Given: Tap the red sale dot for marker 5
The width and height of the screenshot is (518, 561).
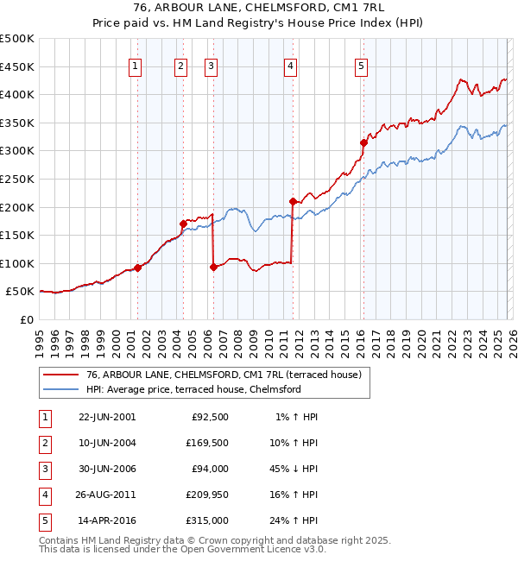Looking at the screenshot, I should coord(363,143).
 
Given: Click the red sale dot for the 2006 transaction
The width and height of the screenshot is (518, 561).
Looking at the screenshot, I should coord(213,267).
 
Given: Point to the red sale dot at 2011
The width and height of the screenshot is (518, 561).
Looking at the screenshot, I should coord(293,201).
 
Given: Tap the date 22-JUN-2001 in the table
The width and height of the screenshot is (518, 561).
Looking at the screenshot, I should coord(107,417).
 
